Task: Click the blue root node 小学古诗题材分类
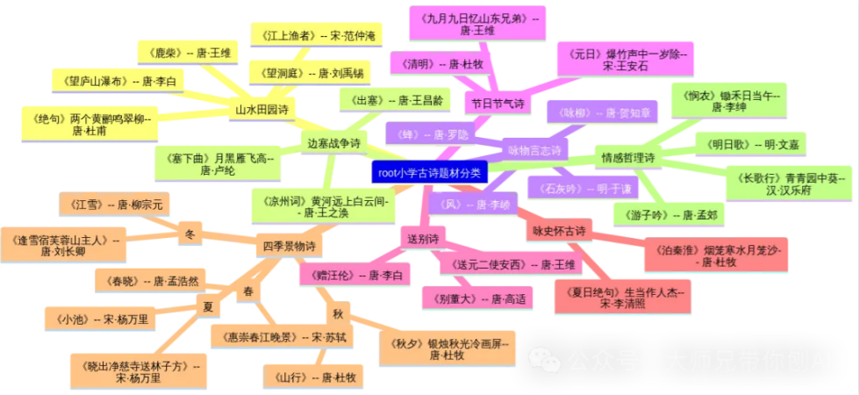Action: pyautogui.click(x=430, y=172)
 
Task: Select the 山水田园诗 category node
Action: pyautogui.click(x=261, y=110)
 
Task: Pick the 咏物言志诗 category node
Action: pyautogui.click(x=534, y=150)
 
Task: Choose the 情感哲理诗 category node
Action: pyautogui.click(x=626, y=159)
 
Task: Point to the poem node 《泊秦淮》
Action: pyautogui.click(x=716, y=255)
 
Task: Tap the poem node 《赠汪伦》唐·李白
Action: pyautogui.click(x=354, y=276)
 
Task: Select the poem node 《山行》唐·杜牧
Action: pyautogui.click(x=313, y=377)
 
